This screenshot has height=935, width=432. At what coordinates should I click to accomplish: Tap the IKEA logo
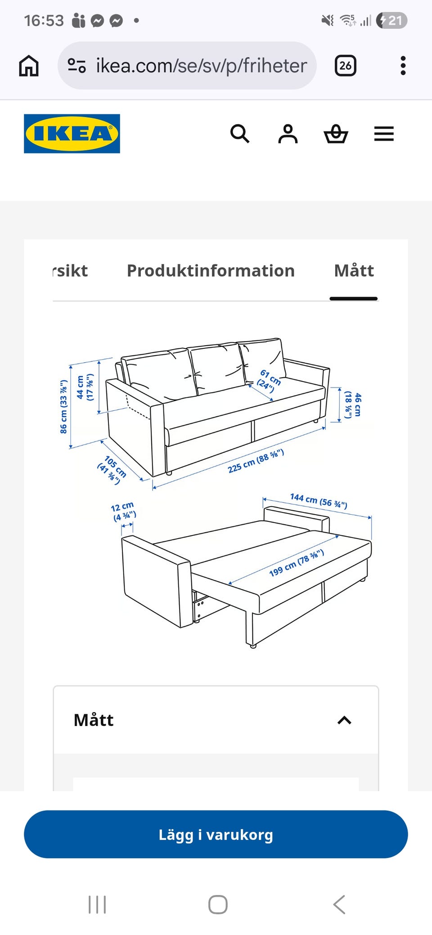(72, 134)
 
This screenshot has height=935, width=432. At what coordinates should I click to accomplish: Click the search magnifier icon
(240, 134)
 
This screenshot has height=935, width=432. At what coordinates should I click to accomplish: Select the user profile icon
(288, 134)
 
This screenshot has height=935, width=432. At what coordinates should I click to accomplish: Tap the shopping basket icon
(336, 134)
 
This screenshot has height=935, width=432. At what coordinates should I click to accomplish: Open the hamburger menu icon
(384, 134)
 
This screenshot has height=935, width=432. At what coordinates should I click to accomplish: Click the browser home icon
(29, 66)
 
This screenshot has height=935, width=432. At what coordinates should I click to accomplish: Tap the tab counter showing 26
(346, 66)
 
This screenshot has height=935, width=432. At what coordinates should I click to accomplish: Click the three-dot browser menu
(403, 66)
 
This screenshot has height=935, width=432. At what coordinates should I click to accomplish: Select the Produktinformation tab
(211, 271)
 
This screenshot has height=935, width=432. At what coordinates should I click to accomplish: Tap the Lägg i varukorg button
(216, 834)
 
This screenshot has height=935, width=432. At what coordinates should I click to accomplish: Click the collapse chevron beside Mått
(344, 720)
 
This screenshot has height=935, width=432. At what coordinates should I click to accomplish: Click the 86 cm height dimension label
(63, 407)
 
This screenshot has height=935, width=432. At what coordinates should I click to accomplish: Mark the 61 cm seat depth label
(269, 381)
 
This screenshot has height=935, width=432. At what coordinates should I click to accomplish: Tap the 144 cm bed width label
(319, 500)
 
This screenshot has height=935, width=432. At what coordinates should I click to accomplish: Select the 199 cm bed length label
(297, 562)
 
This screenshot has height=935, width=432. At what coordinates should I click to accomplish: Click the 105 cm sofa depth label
(112, 470)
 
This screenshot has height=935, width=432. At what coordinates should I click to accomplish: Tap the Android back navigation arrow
(339, 904)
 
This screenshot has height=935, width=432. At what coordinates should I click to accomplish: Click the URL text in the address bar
(202, 66)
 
